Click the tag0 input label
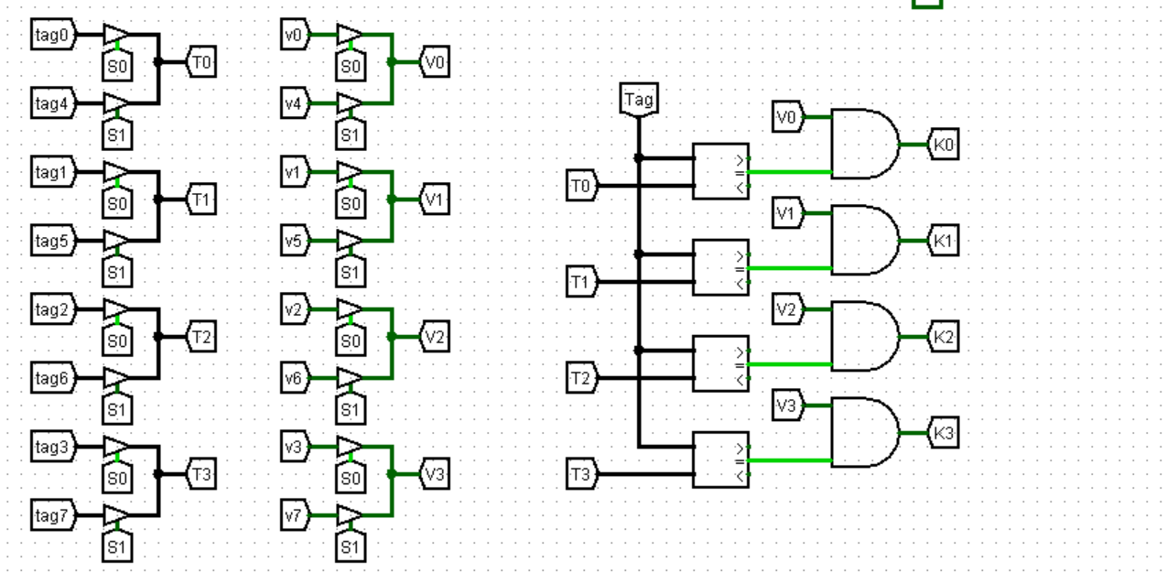coord(52,36)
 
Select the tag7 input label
coord(52,516)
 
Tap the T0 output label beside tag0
coord(201,62)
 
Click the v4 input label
coord(294,104)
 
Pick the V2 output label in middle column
coord(435,337)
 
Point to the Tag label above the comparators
coord(638,99)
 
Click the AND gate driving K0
coord(862,145)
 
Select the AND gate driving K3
coord(862,433)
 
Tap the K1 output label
coord(944,242)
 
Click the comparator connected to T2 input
coord(720,364)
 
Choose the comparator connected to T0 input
coord(720,172)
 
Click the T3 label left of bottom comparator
coord(580,474)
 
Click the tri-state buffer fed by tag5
coord(116,242)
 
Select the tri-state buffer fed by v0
coord(349,36)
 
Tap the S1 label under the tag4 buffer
coord(116,135)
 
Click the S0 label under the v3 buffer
coord(349,478)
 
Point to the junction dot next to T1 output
coord(158,200)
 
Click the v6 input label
coord(294,379)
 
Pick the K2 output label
coord(944,337)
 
